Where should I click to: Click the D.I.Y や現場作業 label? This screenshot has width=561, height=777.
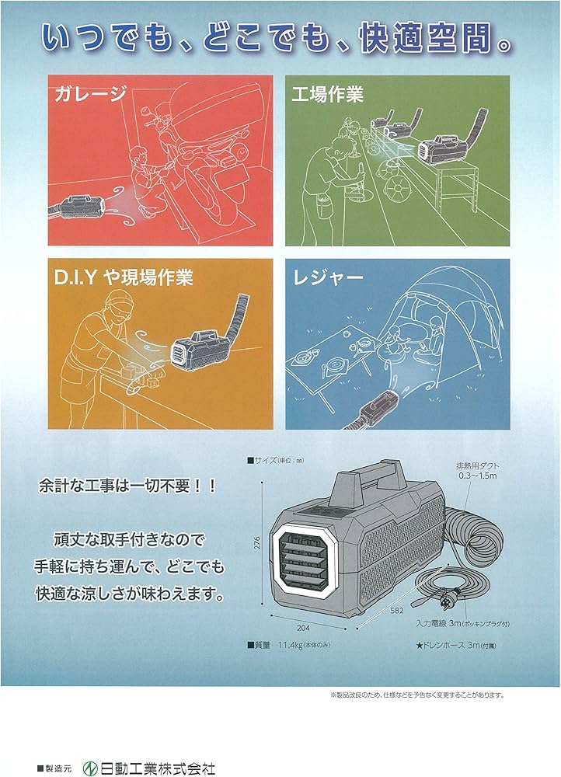click(124, 277)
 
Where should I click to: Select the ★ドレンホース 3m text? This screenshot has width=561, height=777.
click(458, 645)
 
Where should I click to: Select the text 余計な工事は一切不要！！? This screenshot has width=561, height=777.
click(128, 487)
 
